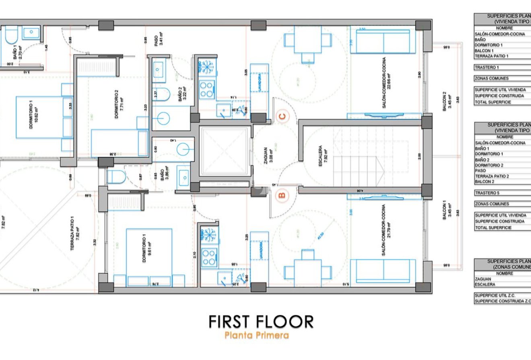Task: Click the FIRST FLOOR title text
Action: click(261, 322)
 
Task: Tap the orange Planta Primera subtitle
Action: click(257, 335)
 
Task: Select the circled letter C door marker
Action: click(283, 117)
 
